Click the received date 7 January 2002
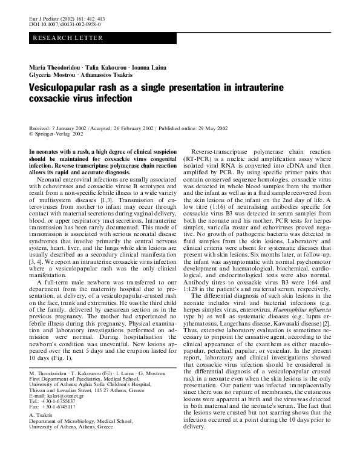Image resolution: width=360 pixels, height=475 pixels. tap(71, 129)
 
